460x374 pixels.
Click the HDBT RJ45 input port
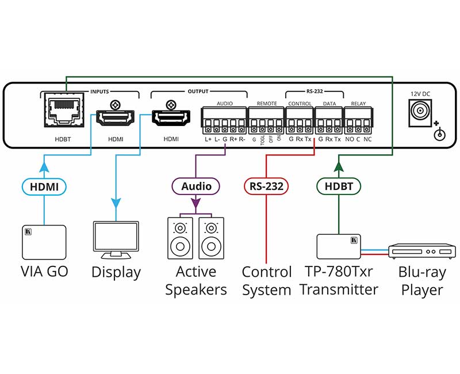[63, 113]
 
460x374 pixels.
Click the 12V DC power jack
[419, 112]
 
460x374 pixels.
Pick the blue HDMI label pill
[44, 186]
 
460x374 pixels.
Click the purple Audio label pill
[196, 186]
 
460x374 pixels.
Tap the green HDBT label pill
[338, 186]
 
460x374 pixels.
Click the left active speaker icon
[181, 238]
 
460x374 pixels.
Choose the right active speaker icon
[212, 238]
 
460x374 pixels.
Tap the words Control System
[266, 281]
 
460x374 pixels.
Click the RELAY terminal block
[358, 122]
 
